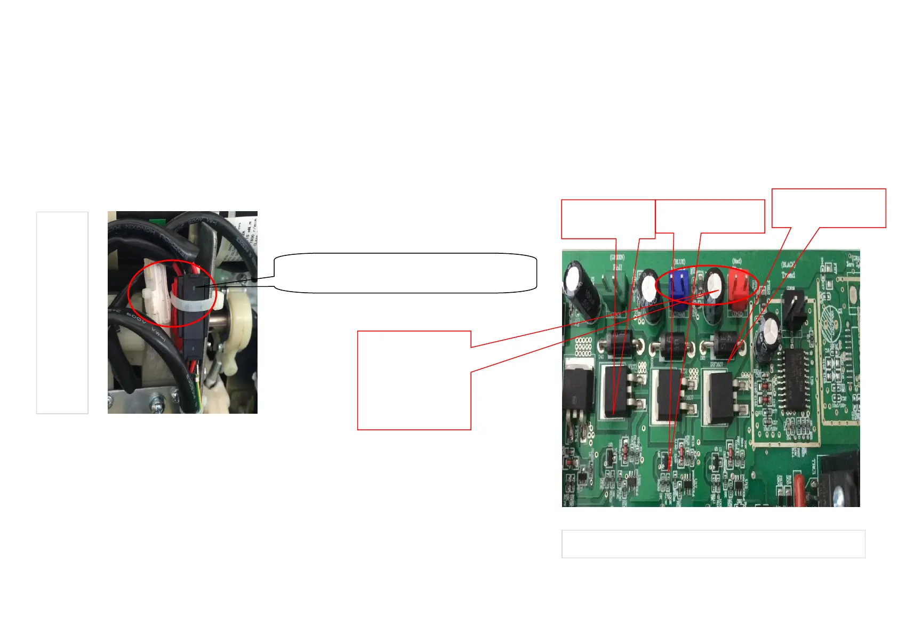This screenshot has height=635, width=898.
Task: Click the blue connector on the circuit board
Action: (x=679, y=288)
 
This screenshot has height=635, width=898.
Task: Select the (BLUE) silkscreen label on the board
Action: (x=679, y=262)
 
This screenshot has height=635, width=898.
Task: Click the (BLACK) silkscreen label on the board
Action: (x=788, y=264)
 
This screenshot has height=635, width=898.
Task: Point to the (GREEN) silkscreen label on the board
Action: (x=617, y=258)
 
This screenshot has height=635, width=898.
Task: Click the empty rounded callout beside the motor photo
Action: (x=405, y=273)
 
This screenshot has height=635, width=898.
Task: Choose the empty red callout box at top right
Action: (x=829, y=208)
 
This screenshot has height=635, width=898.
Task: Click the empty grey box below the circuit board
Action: (x=713, y=544)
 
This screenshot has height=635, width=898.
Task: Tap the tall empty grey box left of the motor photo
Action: (x=62, y=312)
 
